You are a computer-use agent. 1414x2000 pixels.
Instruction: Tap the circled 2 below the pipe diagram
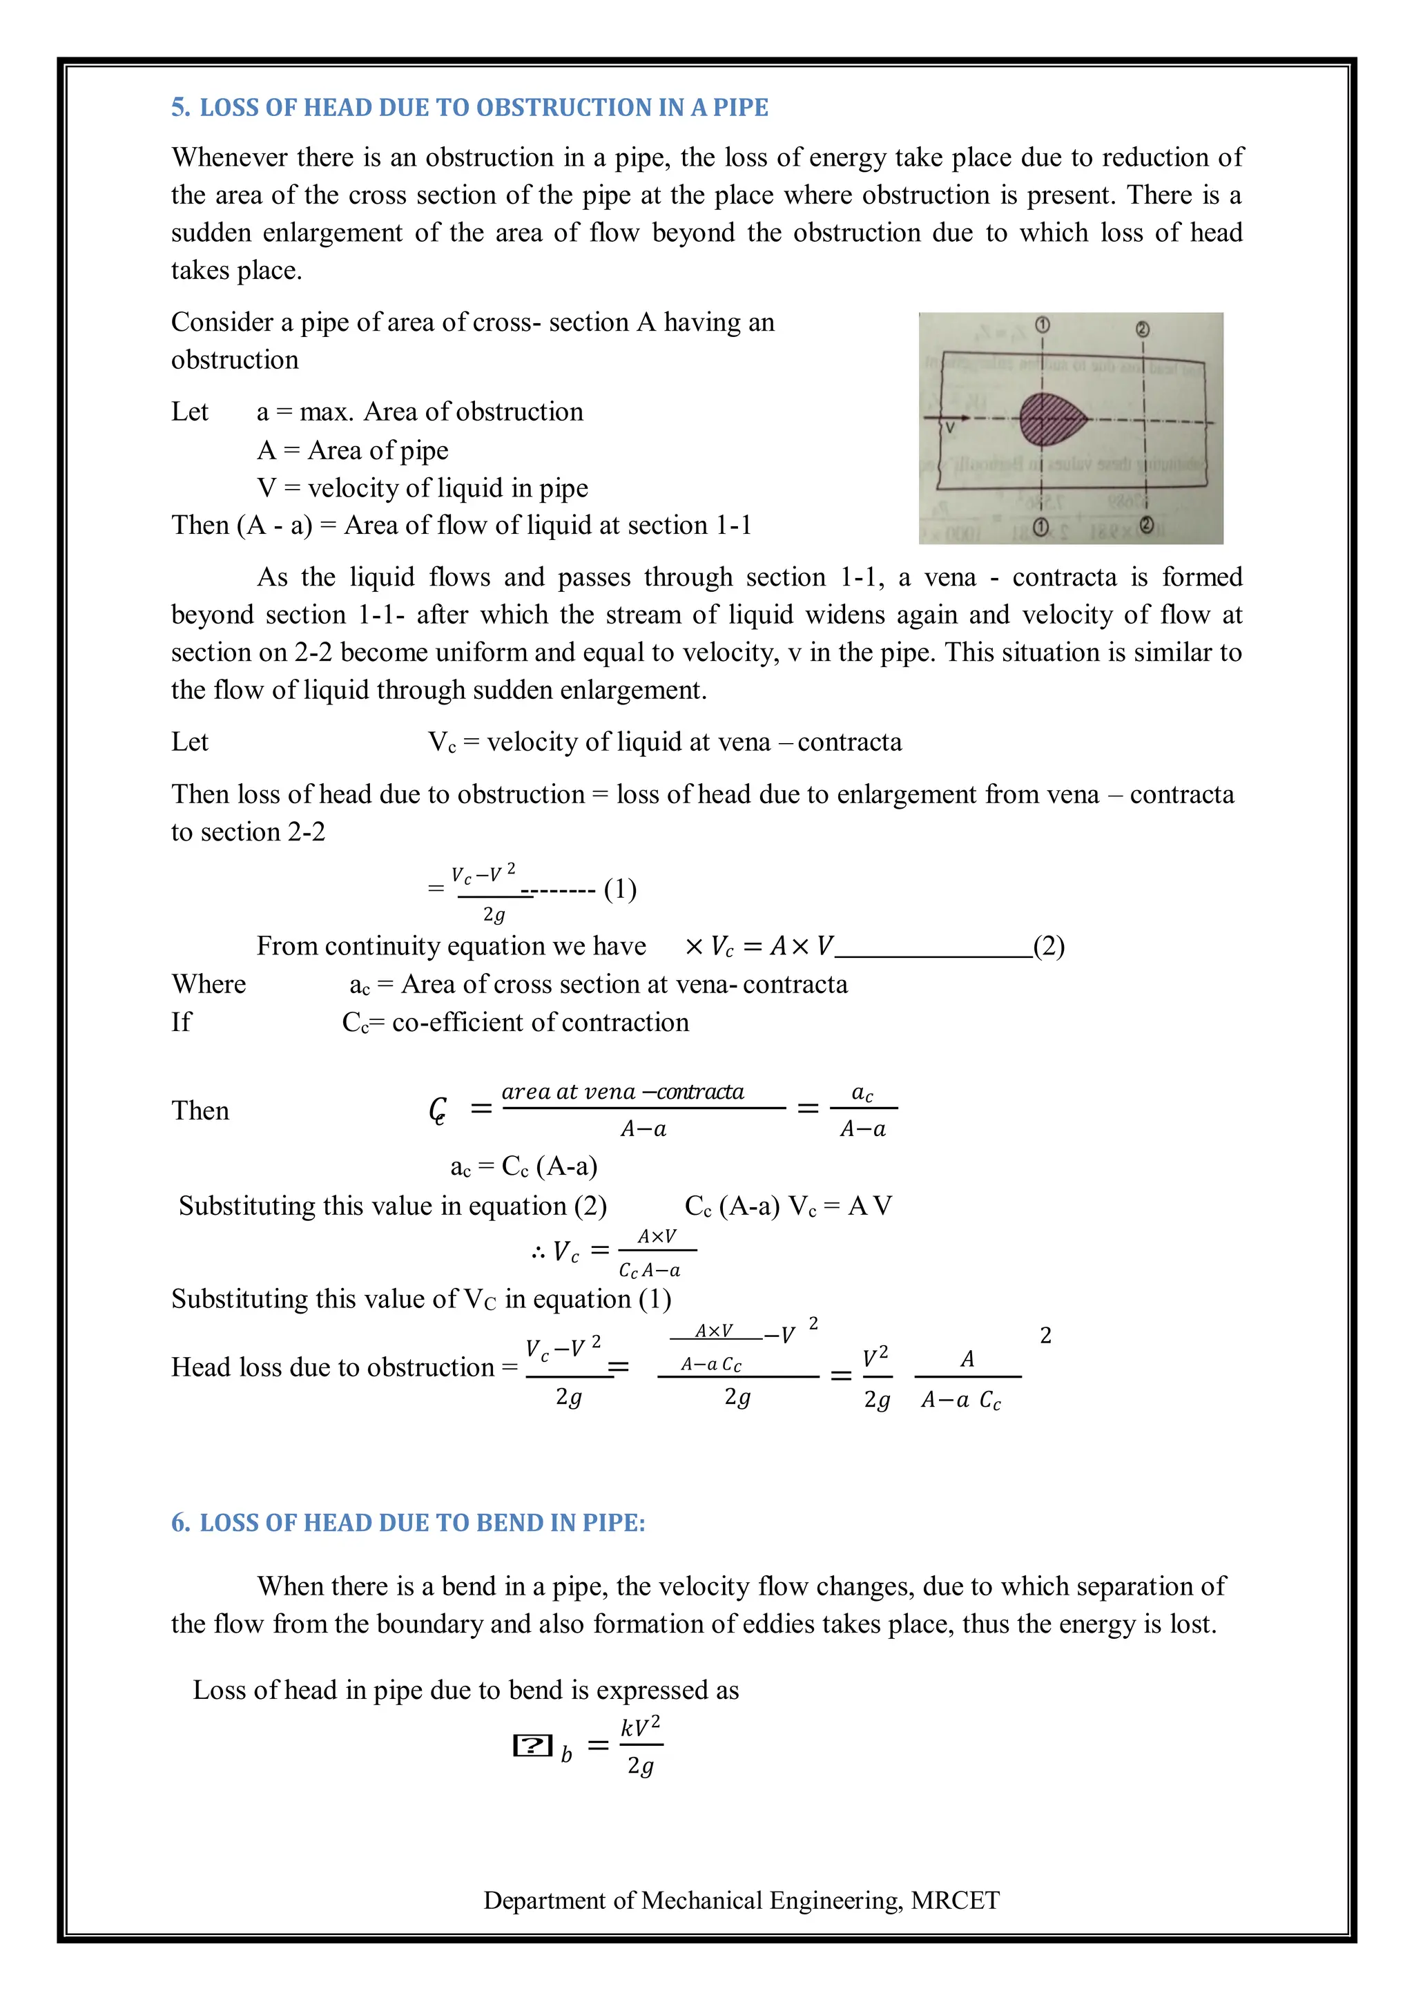click(1147, 526)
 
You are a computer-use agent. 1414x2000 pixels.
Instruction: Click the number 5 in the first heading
click(180, 107)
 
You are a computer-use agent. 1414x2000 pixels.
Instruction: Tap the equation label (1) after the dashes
click(620, 889)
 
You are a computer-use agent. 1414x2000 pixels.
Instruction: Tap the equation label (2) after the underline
click(1049, 946)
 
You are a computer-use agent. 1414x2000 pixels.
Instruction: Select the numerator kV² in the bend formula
click(641, 1726)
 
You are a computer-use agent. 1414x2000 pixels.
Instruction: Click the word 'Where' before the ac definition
click(209, 984)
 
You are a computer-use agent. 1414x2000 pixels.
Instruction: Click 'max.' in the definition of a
click(327, 412)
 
